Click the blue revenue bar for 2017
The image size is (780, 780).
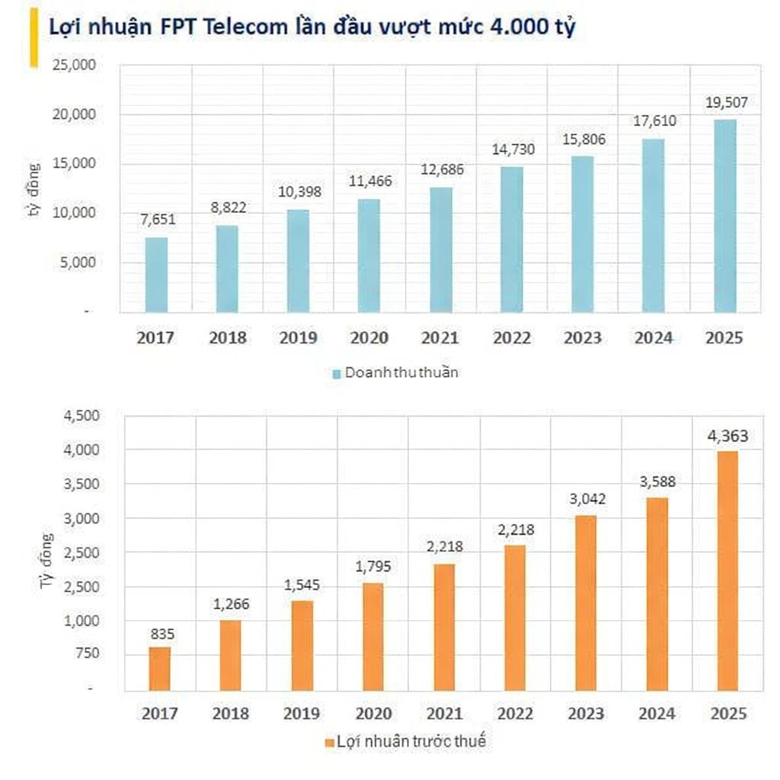pyautogui.click(x=156, y=274)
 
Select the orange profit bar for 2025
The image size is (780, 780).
pyautogui.click(x=727, y=571)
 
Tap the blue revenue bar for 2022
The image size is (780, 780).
pyautogui.click(x=512, y=239)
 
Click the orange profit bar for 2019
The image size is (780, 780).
pyautogui.click(x=302, y=645)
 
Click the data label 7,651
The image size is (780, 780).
pyautogui.click(x=158, y=220)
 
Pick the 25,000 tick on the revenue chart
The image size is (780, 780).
pyautogui.click(x=74, y=65)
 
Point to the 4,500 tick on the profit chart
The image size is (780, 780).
pyautogui.click(x=80, y=416)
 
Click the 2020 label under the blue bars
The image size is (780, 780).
pyautogui.click(x=369, y=337)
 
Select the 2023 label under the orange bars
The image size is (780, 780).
pyautogui.click(x=587, y=714)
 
